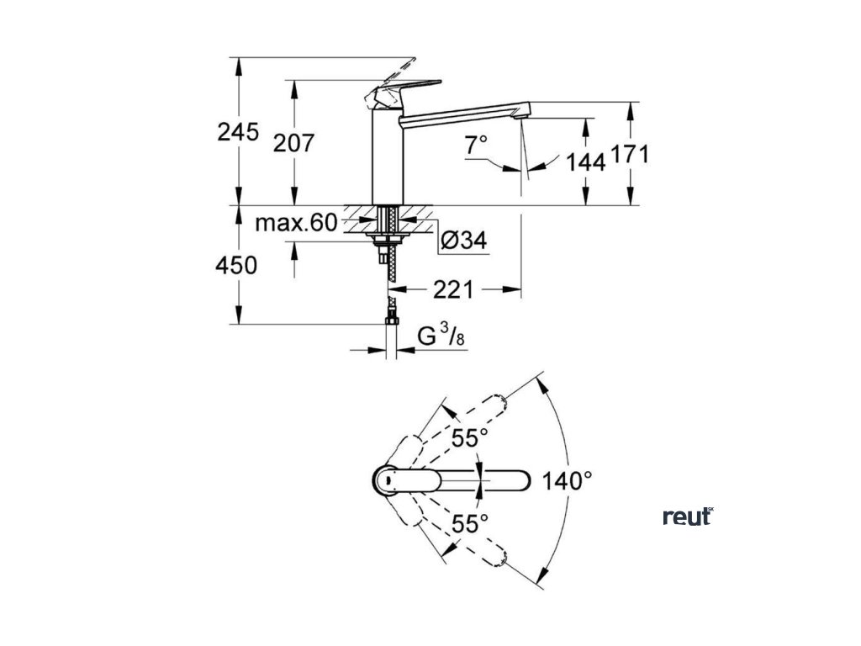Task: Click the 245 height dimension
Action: (238, 132)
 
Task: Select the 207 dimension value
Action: (293, 143)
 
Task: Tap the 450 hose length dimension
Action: (236, 266)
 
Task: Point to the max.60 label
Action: (296, 223)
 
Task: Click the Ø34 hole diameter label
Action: (463, 241)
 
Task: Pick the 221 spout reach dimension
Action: (454, 290)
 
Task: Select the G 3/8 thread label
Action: (442, 337)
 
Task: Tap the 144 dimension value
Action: (586, 162)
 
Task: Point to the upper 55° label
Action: (469, 438)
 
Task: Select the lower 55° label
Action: (469, 523)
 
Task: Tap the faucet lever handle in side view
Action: (404, 88)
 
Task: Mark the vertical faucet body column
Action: (385, 160)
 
